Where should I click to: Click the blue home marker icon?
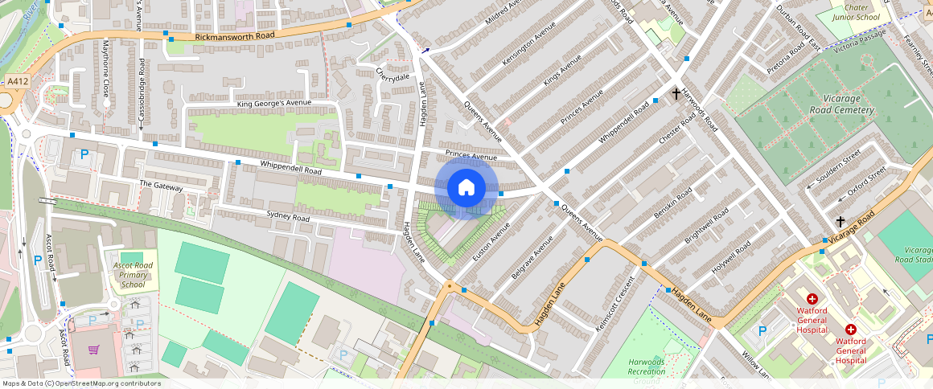(466, 188)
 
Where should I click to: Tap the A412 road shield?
(17, 81)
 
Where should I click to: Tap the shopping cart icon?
(94, 350)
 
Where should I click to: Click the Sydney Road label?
(288, 218)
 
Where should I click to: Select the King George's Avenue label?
(273, 104)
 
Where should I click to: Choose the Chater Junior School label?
(856, 12)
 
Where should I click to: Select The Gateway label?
(161, 186)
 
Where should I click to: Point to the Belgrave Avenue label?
(532, 258)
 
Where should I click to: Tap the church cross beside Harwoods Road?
(676, 94)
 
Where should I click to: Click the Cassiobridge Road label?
(142, 89)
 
